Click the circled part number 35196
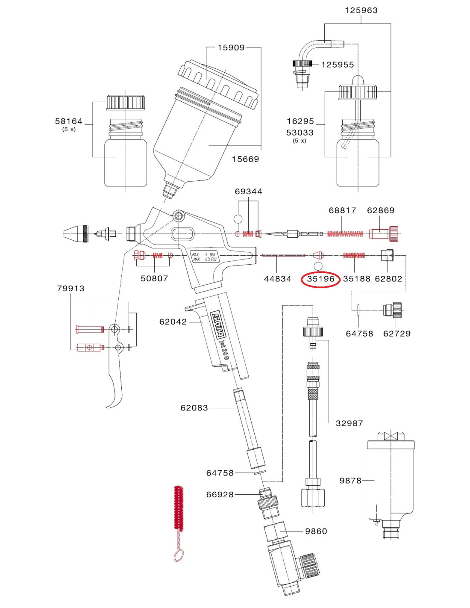pyautogui.click(x=320, y=279)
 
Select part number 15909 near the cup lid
pyautogui.click(x=231, y=47)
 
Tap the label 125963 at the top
pyautogui.click(x=361, y=10)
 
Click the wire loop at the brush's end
pyautogui.click(x=179, y=555)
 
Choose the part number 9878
pyautogui.click(x=350, y=481)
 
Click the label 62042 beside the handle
pyautogui.click(x=173, y=322)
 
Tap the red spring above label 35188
pyautogui.click(x=354, y=255)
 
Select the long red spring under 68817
pyautogui.click(x=345, y=234)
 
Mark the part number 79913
pyautogui.click(x=70, y=289)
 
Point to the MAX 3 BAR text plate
pyautogui.click(x=204, y=257)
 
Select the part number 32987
pyautogui.click(x=349, y=423)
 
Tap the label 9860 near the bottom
pyautogui.click(x=316, y=531)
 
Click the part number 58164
pyautogui.click(x=68, y=121)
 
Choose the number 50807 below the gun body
pyautogui.click(x=154, y=278)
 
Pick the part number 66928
pyautogui.click(x=220, y=494)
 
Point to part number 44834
pyautogui.click(x=277, y=279)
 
